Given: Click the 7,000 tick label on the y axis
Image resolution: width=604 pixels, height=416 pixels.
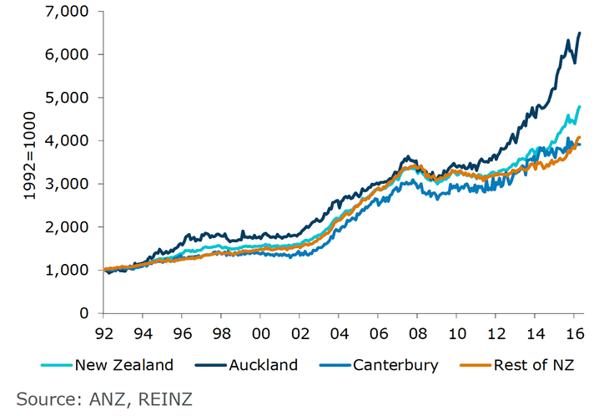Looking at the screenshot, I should pyautogui.click(x=69, y=12).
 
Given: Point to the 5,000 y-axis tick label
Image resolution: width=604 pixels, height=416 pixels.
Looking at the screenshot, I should pyautogui.click(x=69, y=98).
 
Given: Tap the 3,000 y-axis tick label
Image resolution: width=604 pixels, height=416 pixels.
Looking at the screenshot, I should pyautogui.click(x=69, y=184).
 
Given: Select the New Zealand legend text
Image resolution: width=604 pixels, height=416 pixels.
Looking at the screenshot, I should pyautogui.click(x=124, y=365).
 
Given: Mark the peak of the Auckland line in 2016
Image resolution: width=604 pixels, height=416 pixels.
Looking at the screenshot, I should pyautogui.click(x=580, y=33).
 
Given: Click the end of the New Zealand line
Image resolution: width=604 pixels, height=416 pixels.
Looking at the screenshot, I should pyautogui.click(x=580, y=107).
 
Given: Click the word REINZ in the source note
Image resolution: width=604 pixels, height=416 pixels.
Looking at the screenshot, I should pyautogui.click(x=165, y=398).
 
